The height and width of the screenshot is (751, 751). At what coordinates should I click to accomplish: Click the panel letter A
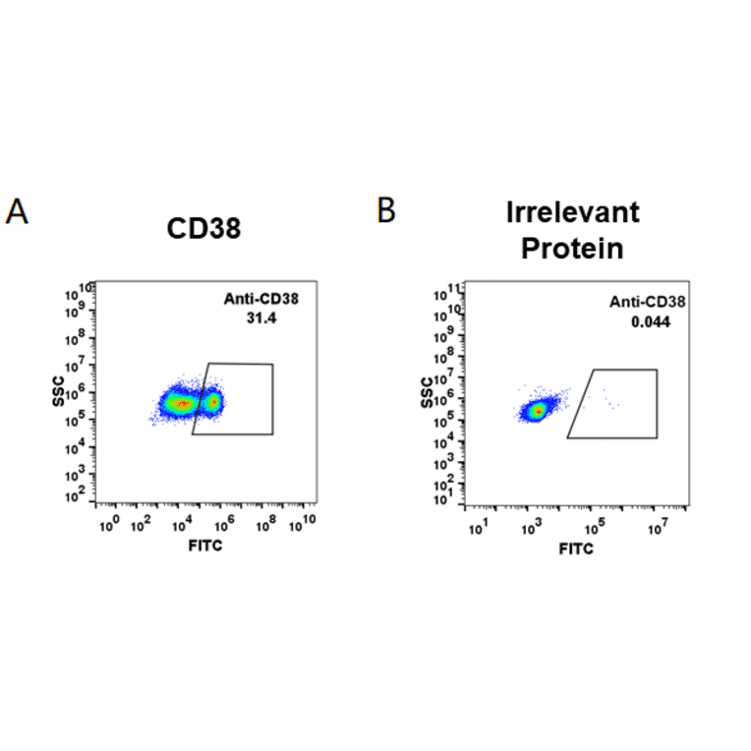(17, 211)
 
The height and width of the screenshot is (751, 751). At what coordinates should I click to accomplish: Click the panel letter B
(387, 209)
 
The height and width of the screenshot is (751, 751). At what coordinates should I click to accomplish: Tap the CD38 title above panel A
(203, 229)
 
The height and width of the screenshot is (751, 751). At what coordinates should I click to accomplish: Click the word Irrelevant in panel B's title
(573, 212)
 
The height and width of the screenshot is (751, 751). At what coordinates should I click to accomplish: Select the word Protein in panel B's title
(572, 249)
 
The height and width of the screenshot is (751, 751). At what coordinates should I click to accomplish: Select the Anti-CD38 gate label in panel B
(649, 303)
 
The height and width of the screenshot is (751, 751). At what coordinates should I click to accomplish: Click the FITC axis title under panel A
(204, 545)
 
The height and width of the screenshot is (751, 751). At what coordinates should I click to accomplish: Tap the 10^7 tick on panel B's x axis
(659, 531)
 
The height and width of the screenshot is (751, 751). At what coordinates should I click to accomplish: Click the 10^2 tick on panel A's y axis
(74, 496)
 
